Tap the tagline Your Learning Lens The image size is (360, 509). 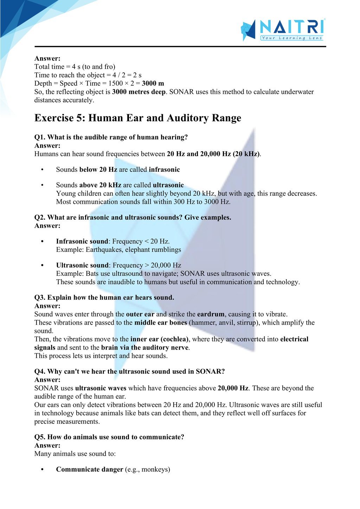coord(292,38)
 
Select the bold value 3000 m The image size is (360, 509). coord(153,84)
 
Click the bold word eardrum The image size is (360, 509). coord(211,314)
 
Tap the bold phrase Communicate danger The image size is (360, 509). coord(90,470)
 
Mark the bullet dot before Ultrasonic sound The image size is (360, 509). coord(42,266)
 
